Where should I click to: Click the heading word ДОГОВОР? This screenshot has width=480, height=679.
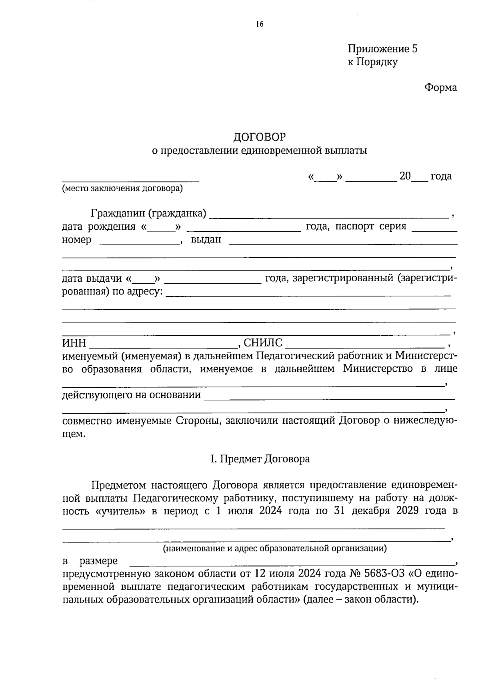(260, 137)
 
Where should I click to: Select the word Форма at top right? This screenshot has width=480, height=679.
(440, 88)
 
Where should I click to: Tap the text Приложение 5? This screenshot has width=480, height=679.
(382, 49)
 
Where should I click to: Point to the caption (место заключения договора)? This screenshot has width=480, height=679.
(122, 189)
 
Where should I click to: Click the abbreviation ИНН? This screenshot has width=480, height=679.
(74, 343)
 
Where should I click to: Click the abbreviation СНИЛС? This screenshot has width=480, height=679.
(263, 343)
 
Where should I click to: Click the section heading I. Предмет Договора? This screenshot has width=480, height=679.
(260, 459)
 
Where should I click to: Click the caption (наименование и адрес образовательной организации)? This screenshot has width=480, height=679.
(274, 548)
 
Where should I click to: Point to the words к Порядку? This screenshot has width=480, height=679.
(372, 62)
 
